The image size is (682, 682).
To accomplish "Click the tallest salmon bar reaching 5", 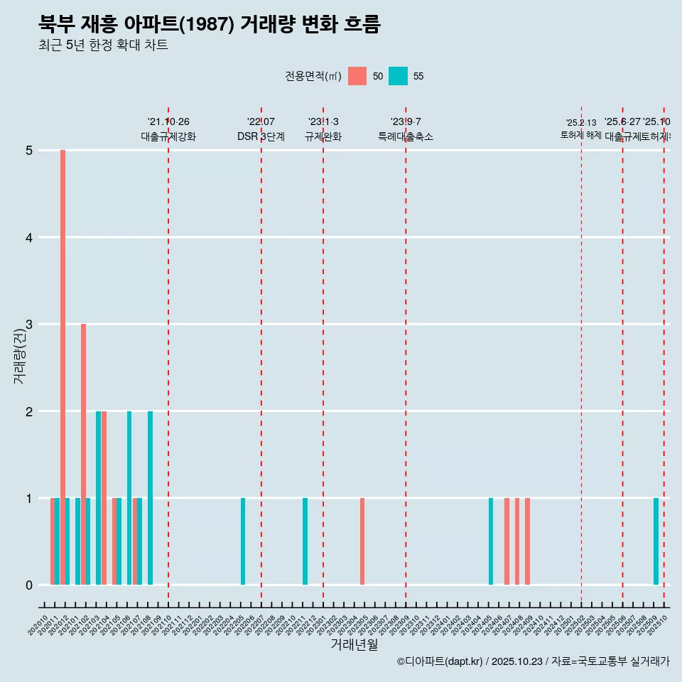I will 63,367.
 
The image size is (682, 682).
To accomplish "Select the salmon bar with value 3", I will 83,455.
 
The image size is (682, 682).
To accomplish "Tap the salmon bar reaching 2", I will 104,497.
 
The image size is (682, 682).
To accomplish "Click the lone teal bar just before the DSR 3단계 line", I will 243,541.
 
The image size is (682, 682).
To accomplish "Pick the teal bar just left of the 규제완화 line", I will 305,541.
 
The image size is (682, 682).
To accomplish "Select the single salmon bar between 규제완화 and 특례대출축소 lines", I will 362,541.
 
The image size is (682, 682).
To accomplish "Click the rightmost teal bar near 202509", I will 656,541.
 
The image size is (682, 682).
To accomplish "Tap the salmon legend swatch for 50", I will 357,76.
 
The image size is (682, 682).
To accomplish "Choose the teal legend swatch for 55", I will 399,76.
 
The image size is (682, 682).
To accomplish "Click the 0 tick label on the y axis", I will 29,585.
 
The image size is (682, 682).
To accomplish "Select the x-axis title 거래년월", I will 354,644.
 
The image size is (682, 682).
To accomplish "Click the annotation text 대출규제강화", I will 168,136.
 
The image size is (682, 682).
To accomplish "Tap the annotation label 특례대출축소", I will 405,136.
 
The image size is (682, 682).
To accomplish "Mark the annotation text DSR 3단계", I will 261,136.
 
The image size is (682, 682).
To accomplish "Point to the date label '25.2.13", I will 581,123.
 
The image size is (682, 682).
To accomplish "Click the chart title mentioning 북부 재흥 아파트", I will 210,24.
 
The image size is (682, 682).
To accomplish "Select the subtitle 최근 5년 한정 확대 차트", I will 103,45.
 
